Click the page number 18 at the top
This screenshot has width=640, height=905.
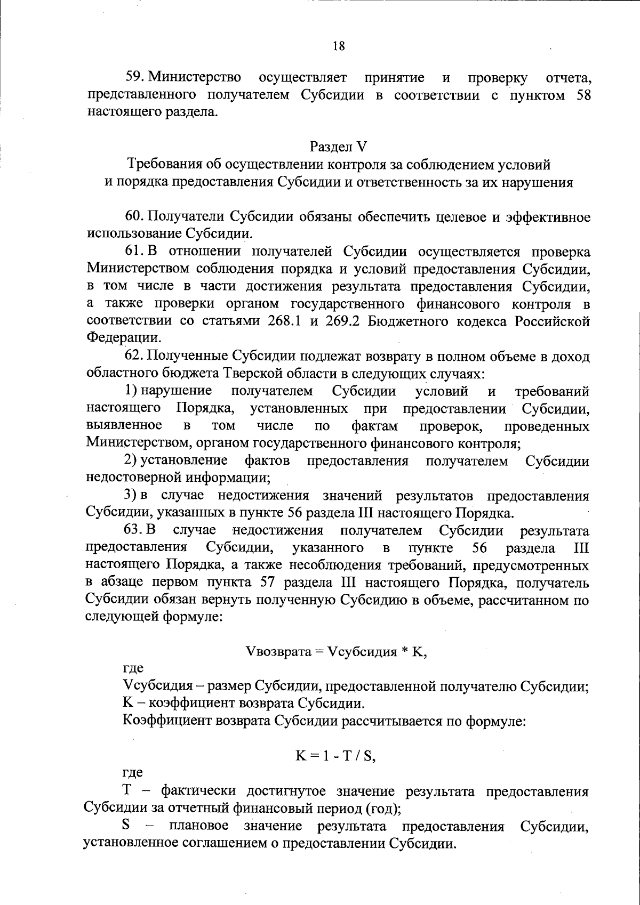tap(339, 46)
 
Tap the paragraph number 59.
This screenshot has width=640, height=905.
tap(133, 78)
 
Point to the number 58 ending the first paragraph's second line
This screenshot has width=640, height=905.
tap(583, 95)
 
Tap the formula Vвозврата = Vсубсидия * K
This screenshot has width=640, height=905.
tap(337, 652)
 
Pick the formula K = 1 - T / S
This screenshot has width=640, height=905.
tap(337, 756)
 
